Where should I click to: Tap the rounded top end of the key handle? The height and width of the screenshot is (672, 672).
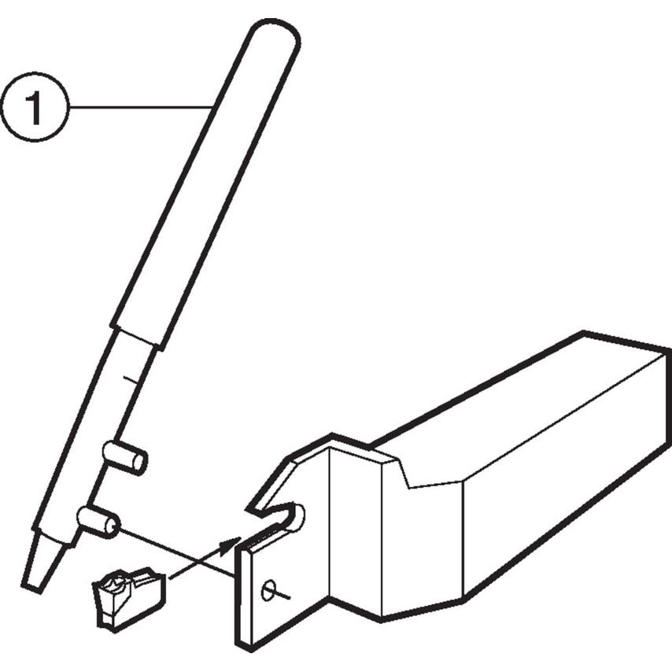[x=272, y=36]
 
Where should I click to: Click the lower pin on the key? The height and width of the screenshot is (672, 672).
[x=99, y=521]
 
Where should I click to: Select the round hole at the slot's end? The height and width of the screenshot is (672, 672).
[x=297, y=516]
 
